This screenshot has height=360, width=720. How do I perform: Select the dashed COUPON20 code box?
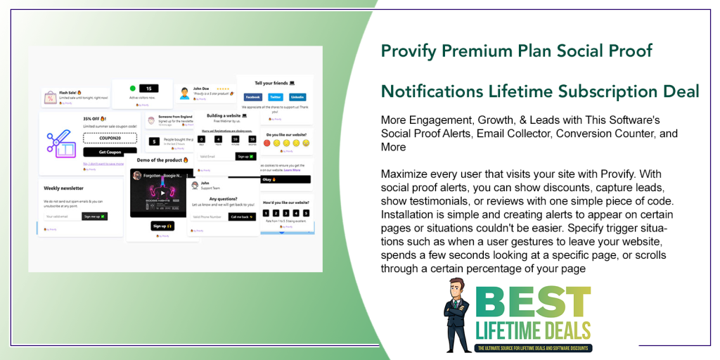(x=110, y=139)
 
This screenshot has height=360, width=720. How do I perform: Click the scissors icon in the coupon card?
(x=61, y=141)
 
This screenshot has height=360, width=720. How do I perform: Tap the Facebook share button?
(x=252, y=97)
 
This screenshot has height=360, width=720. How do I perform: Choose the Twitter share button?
(x=275, y=97)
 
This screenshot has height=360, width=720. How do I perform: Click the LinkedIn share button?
(x=297, y=97)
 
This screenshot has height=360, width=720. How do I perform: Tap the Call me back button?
(x=242, y=217)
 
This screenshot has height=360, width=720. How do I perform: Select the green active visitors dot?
(x=132, y=89)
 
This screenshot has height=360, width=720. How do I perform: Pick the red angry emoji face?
(x=267, y=143)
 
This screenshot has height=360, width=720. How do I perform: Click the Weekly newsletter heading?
(x=64, y=188)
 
